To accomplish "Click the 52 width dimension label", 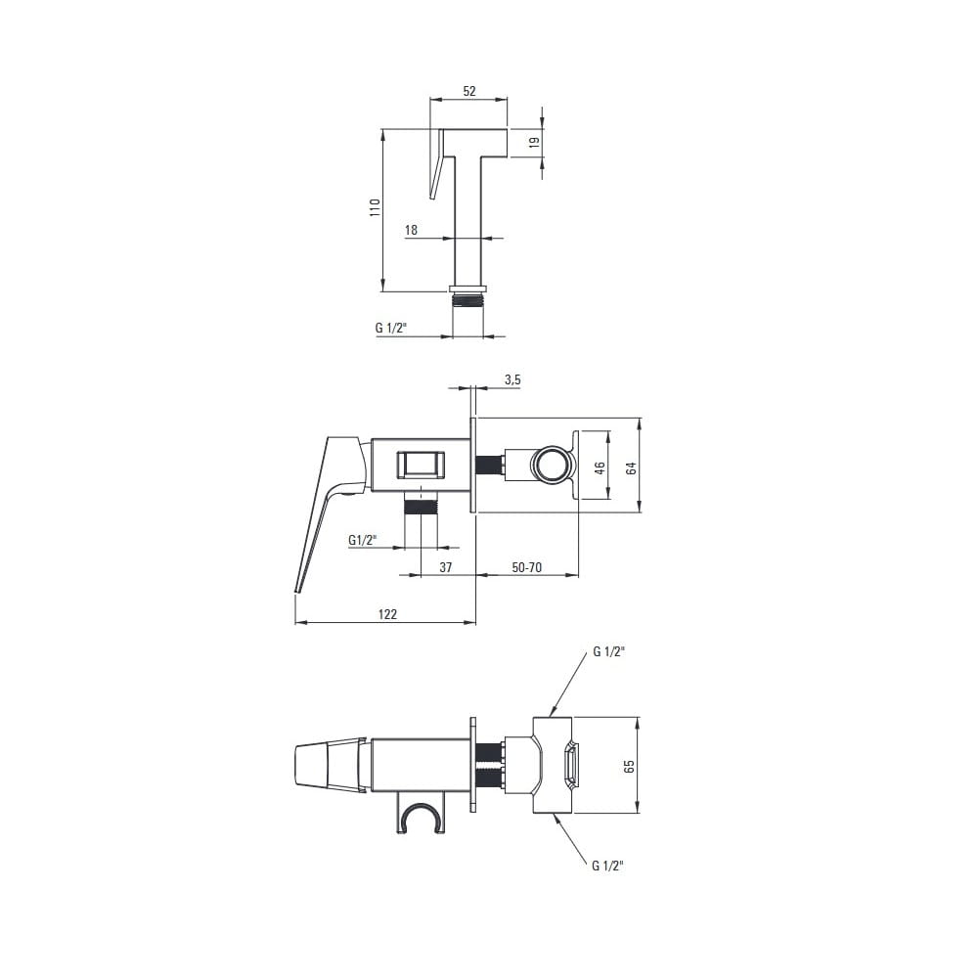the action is [x=469, y=91].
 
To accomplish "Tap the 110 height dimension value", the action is [x=375, y=207].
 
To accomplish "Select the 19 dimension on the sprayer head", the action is [x=534, y=142].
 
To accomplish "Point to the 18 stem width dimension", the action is [x=411, y=230].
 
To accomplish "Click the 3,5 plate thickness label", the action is [x=512, y=379].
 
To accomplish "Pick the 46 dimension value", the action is [x=600, y=467].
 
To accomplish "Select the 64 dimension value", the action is [x=631, y=467].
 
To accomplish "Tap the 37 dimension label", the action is [x=445, y=567].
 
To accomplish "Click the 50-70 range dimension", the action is [x=526, y=567].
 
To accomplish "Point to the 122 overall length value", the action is [x=387, y=614].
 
